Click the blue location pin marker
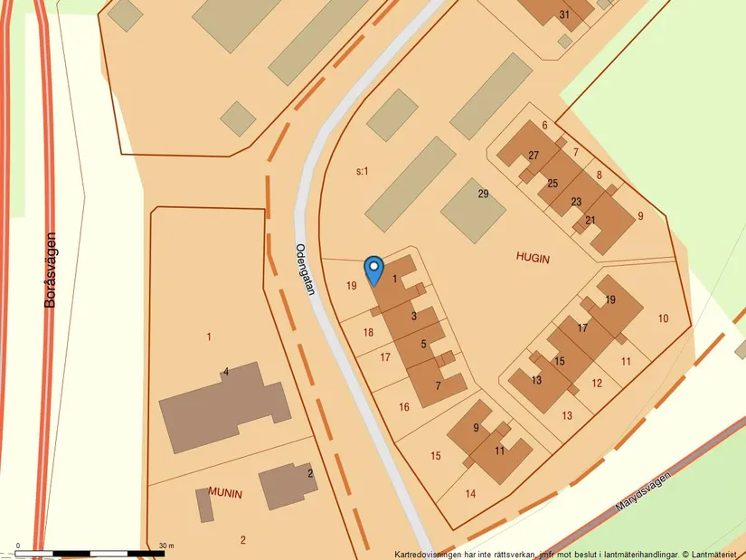(x=373, y=270)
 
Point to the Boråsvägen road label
(x=50, y=270)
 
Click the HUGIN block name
(x=534, y=258)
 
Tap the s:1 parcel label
(x=362, y=170)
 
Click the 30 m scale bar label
(x=165, y=546)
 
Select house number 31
(x=565, y=14)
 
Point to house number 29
(x=483, y=194)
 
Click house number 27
(x=534, y=156)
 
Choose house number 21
(x=590, y=220)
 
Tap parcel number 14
(x=470, y=493)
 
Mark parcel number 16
(x=404, y=407)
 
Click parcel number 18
(x=368, y=332)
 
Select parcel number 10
(x=663, y=318)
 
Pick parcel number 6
(x=544, y=126)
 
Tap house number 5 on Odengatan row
(x=423, y=344)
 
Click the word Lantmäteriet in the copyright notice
(x=715, y=554)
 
